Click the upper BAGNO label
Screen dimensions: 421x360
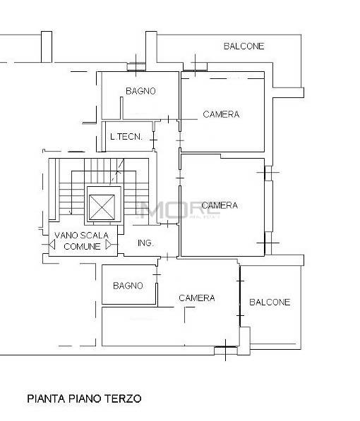(x=140, y=91)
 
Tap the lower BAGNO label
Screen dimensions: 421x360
(x=128, y=286)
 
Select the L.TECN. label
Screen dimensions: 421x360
(x=126, y=137)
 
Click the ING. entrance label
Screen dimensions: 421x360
(x=145, y=243)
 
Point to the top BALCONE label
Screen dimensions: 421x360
(x=244, y=47)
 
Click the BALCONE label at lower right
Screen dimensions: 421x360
(x=270, y=303)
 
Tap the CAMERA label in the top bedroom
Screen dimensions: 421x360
(x=221, y=114)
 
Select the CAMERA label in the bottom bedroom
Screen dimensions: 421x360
(x=196, y=298)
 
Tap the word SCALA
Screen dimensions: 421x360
(x=94, y=236)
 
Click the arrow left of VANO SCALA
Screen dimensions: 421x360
(x=52, y=245)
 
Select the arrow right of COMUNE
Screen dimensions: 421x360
(x=109, y=245)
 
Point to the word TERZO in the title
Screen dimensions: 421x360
(x=124, y=398)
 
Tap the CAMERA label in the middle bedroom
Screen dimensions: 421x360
(x=220, y=206)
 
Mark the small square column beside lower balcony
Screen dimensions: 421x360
(x=245, y=335)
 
